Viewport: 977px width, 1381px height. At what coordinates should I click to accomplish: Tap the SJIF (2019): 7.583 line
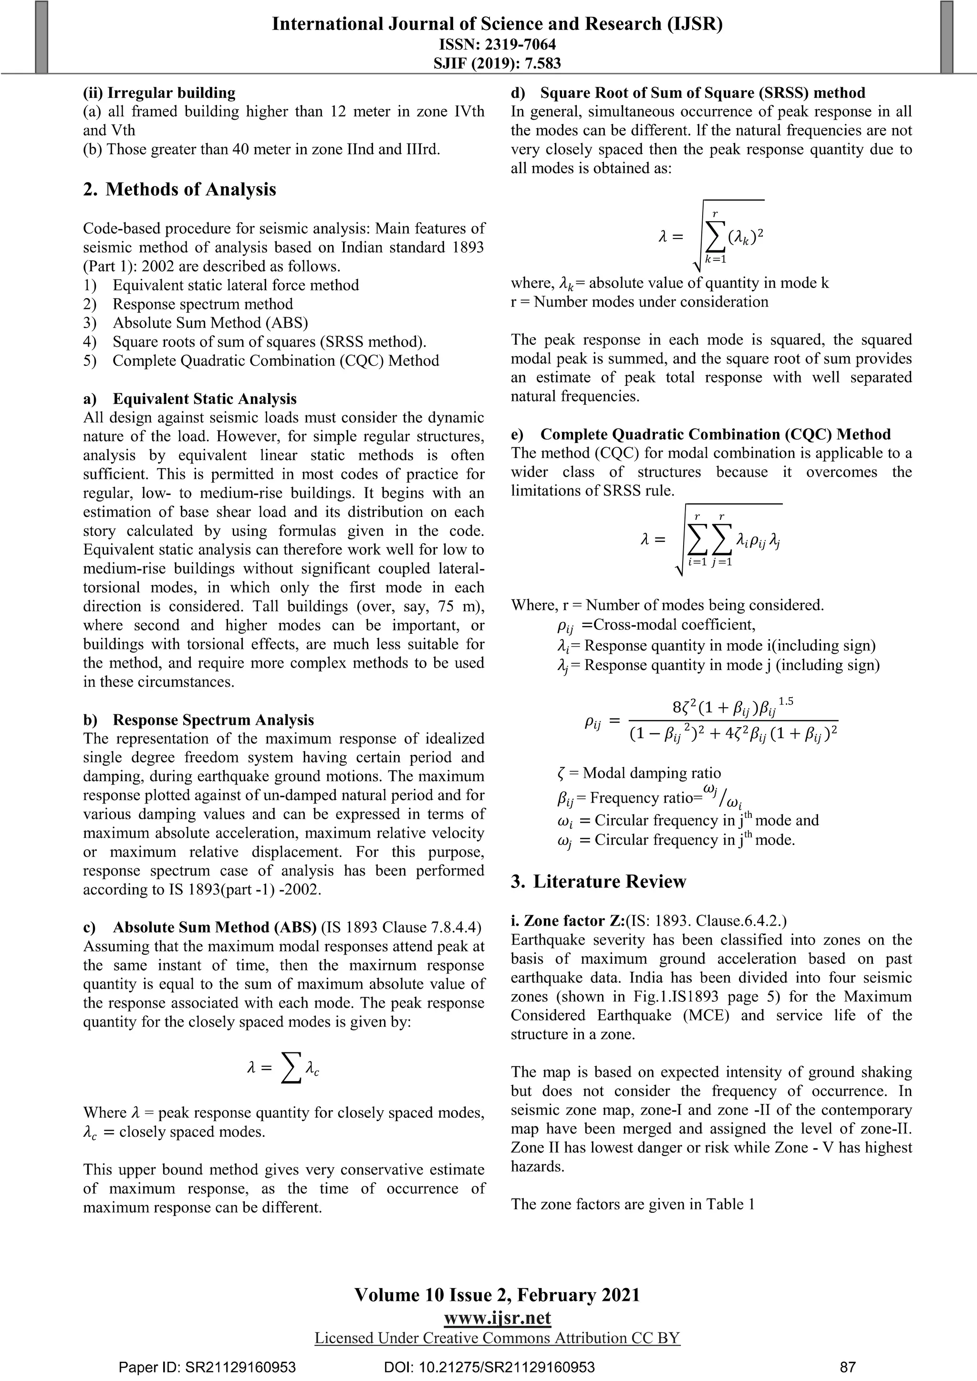(x=497, y=63)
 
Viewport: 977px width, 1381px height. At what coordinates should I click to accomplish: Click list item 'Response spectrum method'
(x=203, y=304)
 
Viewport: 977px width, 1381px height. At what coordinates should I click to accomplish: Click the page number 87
(x=847, y=1368)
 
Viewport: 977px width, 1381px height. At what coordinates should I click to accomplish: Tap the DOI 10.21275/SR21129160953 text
(x=488, y=1368)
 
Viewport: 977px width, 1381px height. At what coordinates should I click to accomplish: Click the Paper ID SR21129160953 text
(x=207, y=1368)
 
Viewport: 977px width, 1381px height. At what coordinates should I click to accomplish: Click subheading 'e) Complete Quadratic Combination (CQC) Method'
(x=700, y=434)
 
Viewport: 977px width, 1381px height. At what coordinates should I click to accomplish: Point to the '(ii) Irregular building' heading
(x=159, y=93)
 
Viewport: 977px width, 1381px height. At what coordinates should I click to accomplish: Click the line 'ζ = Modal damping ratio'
(x=639, y=773)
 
